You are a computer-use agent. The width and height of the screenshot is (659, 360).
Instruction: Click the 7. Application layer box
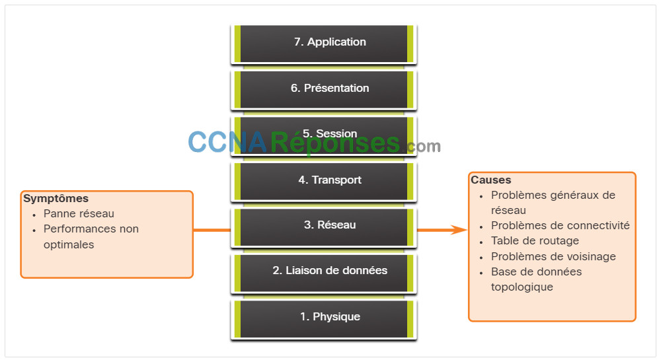[324, 44]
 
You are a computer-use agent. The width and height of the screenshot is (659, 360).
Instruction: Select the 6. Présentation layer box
[324, 90]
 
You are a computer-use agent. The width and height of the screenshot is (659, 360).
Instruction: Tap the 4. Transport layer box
[324, 182]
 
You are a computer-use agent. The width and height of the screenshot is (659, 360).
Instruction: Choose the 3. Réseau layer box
[324, 227]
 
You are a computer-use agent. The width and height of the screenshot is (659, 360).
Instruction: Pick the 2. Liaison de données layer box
[324, 273]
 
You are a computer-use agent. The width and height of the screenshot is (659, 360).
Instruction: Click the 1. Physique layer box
[324, 319]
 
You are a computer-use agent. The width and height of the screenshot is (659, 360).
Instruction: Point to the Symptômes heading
[56, 199]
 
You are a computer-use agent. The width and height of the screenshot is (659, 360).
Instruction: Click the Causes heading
[491, 180]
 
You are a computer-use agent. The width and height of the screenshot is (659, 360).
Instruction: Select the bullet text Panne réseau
[79, 214]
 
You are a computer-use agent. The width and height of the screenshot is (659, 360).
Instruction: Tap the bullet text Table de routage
[535, 240]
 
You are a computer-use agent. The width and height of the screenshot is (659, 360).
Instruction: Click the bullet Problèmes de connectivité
[561, 225]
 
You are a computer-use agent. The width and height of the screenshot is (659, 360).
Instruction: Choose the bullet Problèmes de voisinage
[553, 257]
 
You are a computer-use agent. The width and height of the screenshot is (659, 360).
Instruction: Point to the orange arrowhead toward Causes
[459, 230]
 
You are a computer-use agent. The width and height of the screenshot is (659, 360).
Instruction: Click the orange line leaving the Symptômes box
[212, 230]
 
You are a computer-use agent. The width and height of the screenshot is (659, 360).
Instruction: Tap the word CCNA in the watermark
[227, 143]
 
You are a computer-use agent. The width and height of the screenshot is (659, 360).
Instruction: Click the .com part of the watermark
[422, 146]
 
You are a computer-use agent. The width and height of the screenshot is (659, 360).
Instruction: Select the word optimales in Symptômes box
[69, 245]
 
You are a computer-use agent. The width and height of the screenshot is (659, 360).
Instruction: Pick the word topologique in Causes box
[522, 287]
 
